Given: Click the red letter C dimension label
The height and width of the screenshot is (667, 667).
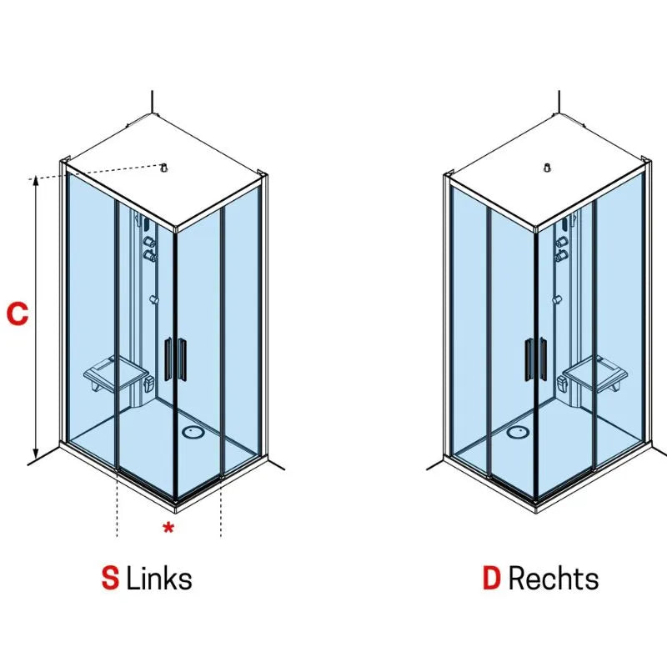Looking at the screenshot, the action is (18, 313).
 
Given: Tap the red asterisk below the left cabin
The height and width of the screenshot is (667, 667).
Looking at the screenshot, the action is (168, 528).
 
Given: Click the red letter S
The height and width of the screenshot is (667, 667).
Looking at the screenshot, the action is (110, 578).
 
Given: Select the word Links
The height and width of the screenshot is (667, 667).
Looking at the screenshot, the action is (159, 578).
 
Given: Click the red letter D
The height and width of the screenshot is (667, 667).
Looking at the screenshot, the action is (491, 578).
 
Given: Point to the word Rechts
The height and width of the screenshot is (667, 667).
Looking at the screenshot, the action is (554, 578).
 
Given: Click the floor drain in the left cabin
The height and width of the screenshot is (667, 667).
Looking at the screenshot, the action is (193, 432).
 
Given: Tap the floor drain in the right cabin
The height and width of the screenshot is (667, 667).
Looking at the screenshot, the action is (518, 432).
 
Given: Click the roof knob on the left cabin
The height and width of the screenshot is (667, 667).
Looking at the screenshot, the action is (163, 168).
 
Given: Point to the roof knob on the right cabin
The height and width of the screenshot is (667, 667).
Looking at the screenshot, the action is (548, 168).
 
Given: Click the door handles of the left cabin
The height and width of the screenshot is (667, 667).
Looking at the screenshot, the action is (175, 359).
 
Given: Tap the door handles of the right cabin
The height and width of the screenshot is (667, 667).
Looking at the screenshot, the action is (536, 359).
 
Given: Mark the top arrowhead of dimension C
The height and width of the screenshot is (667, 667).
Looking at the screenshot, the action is (36, 180).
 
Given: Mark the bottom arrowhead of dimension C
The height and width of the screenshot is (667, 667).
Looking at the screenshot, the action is (36, 454).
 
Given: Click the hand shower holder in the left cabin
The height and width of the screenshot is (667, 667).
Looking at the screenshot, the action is (154, 300).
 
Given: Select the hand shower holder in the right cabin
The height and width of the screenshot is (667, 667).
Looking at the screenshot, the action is (557, 300).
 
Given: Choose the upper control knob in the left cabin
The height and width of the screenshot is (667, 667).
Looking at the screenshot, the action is (149, 242).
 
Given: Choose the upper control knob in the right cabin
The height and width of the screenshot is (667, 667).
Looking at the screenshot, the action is (561, 242).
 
